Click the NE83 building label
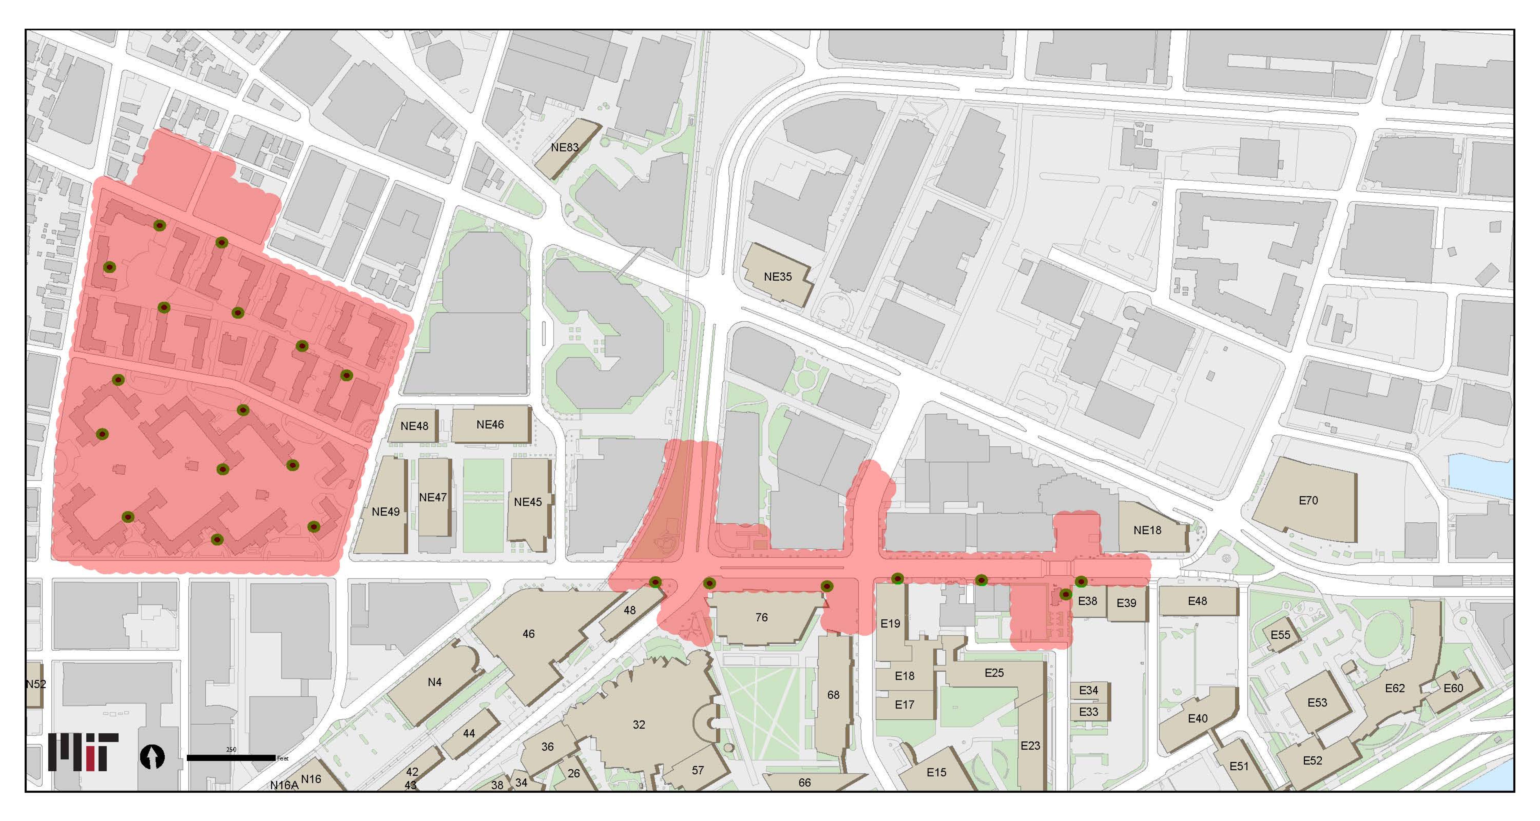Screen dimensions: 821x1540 click(x=564, y=147)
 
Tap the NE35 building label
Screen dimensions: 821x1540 click(x=777, y=277)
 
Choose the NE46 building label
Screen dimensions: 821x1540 click(x=490, y=424)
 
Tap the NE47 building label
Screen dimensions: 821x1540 click(x=433, y=497)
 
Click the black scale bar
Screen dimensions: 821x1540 click(x=231, y=758)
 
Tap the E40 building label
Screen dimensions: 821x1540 click(x=1197, y=718)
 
